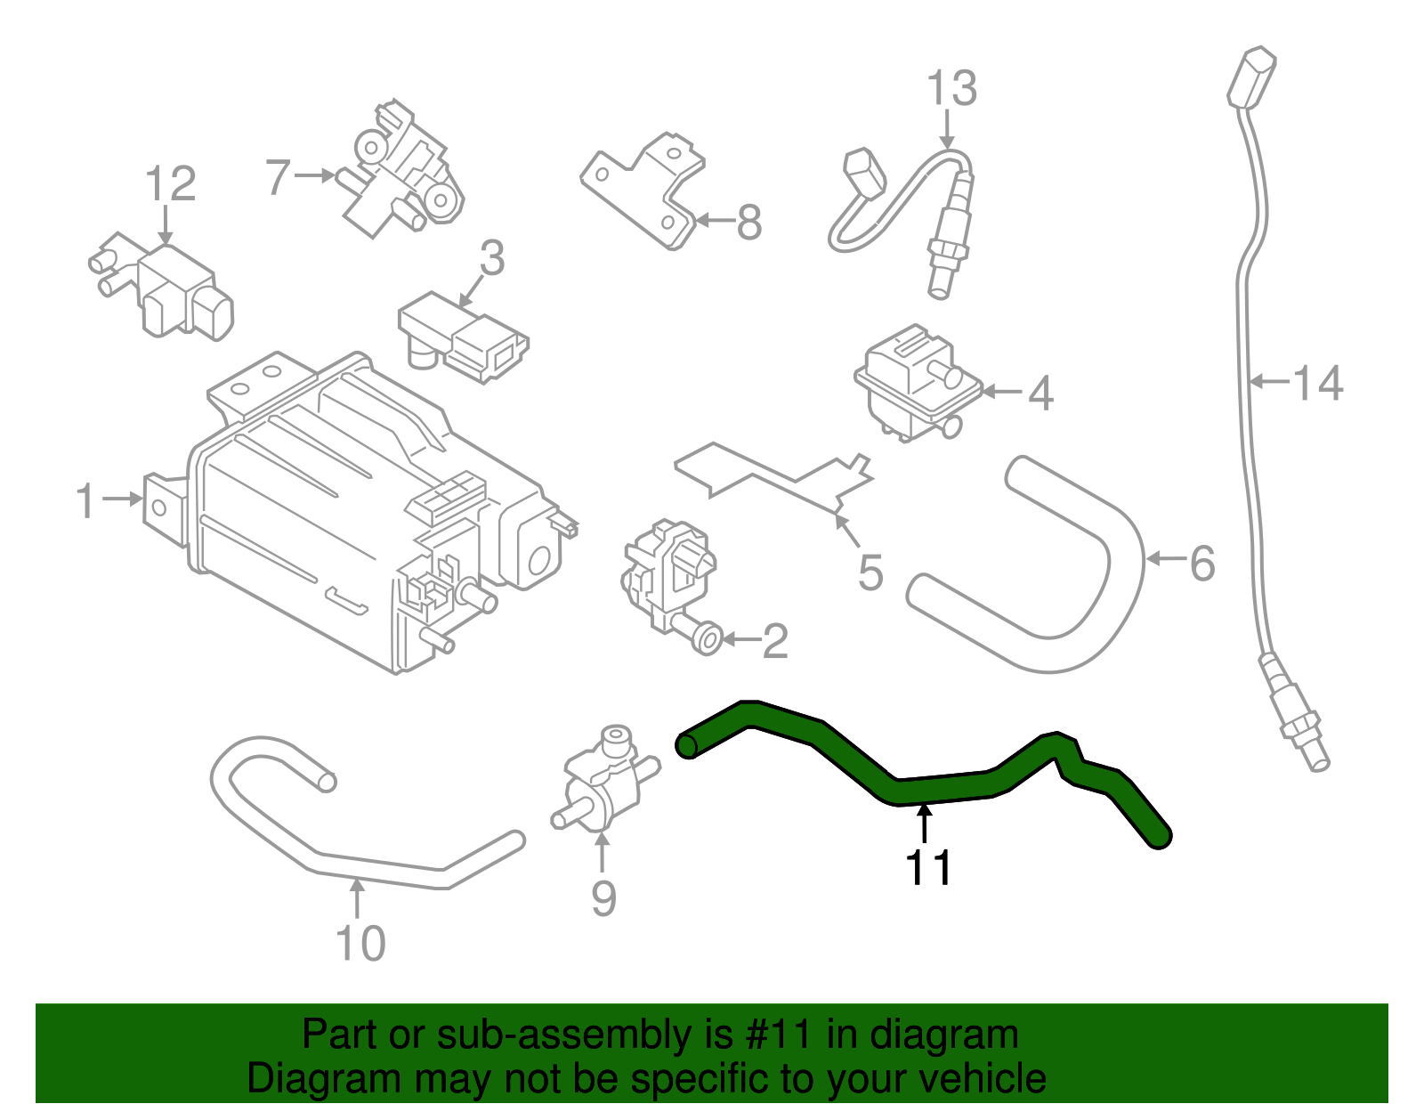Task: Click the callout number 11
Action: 928,867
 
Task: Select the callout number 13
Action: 951,89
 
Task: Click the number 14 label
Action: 1317,383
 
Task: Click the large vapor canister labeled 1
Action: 338,516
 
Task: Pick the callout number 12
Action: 170,184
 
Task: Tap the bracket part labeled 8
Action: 650,191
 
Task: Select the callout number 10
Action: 360,944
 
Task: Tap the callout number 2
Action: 774,641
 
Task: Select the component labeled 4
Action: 917,383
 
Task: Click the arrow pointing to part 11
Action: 926,819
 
